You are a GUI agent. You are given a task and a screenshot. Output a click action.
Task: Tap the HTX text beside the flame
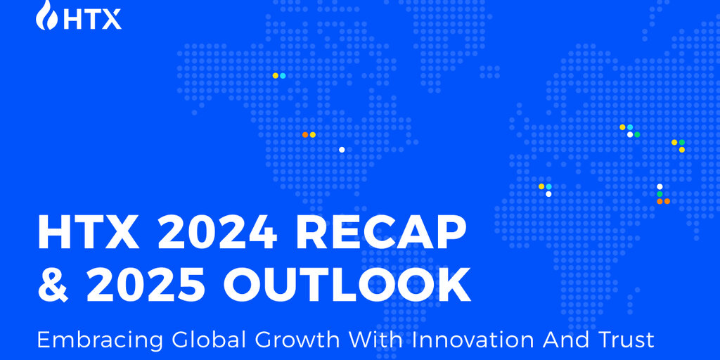92,19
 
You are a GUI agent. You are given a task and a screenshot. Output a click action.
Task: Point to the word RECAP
379,233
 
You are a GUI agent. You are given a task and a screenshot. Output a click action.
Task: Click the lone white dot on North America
342,150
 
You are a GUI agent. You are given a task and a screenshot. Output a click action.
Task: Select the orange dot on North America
305,134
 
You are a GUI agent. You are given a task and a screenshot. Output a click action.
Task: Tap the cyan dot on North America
283,76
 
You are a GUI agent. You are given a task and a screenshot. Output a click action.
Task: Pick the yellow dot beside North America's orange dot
313,134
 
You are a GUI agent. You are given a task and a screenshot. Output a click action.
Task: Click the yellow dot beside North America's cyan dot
276,76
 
